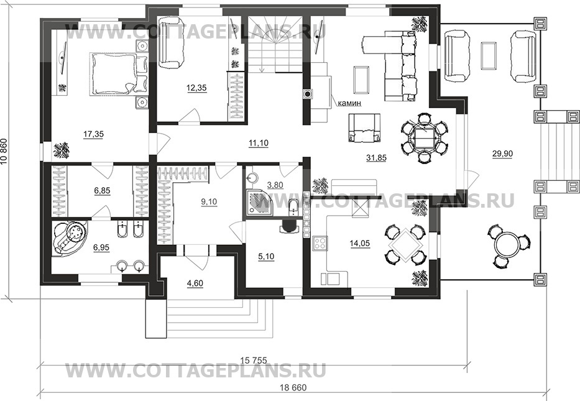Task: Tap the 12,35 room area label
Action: coord(196,88)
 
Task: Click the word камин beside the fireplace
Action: coord(349,103)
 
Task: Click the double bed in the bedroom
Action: coord(114,73)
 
